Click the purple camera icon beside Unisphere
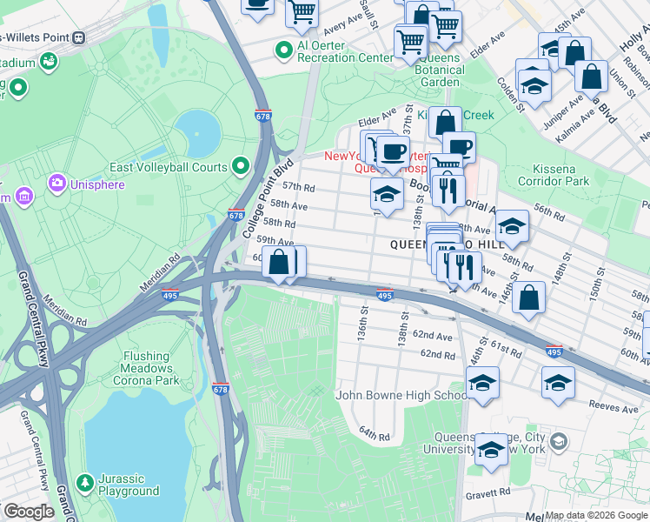click(56, 183)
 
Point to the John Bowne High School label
click(401, 396)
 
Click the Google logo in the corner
click(29, 512)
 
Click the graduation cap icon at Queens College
click(491, 450)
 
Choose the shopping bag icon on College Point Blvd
click(279, 261)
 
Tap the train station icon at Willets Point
click(79, 37)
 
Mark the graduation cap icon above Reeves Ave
click(557, 382)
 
